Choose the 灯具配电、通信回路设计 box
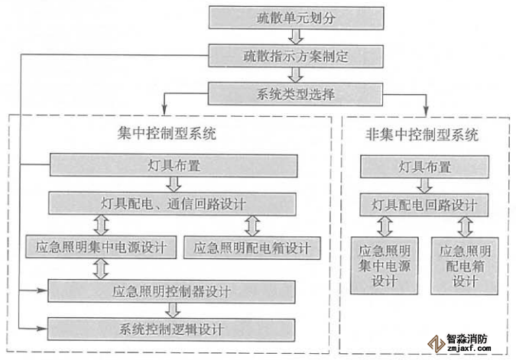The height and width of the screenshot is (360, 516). point(173,203)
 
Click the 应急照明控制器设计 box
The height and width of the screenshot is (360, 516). point(172,290)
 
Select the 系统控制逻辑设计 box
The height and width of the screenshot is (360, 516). point(172,329)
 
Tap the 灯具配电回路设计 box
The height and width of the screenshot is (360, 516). point(425,205)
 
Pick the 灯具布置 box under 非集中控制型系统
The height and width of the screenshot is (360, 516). point(425,167)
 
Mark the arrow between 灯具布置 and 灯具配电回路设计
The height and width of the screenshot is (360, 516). point(425,186)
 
